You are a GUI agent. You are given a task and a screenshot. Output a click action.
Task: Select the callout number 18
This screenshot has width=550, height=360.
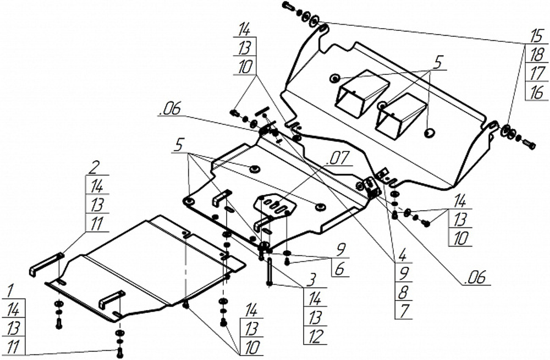[x=537, y=54]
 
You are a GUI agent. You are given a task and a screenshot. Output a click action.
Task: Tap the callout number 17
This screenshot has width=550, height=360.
[x=537, y=73]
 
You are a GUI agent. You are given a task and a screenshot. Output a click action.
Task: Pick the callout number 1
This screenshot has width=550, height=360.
[x=10, y=291]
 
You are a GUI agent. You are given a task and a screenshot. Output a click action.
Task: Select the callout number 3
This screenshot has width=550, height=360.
[x=311, y=280]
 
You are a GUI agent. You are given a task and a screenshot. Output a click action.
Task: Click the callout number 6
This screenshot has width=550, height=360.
[x=339, y=269]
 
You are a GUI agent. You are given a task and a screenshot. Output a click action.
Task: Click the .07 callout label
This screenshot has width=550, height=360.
[x=338, y=159]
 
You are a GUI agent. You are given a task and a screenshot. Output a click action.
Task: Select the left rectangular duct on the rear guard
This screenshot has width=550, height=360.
[x=362, y=92]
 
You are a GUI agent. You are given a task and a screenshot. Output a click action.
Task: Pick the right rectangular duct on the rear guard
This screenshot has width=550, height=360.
[x=401, y=114]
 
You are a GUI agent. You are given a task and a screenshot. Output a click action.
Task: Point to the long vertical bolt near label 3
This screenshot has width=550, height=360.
[x=269, y=272]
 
